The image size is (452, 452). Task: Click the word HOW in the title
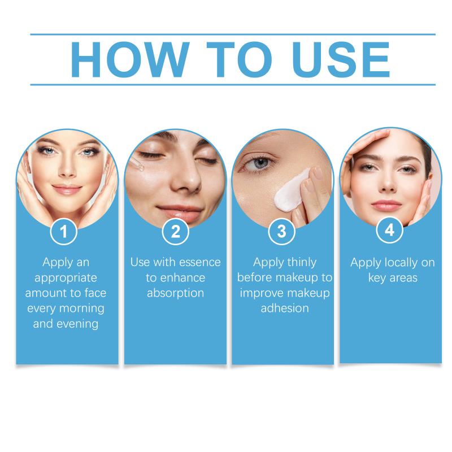130,60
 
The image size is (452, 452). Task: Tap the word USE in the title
341,60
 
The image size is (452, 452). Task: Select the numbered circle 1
63,232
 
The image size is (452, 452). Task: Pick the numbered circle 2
176,232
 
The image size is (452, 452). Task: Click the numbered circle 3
281,232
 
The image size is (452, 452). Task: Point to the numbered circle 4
390,230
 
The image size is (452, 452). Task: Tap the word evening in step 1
77,324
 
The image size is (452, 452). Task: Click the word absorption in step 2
176,293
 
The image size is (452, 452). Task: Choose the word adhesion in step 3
285,308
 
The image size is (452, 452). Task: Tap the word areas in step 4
403,278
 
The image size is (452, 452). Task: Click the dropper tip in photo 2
142,170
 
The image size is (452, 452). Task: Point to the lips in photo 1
67,189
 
